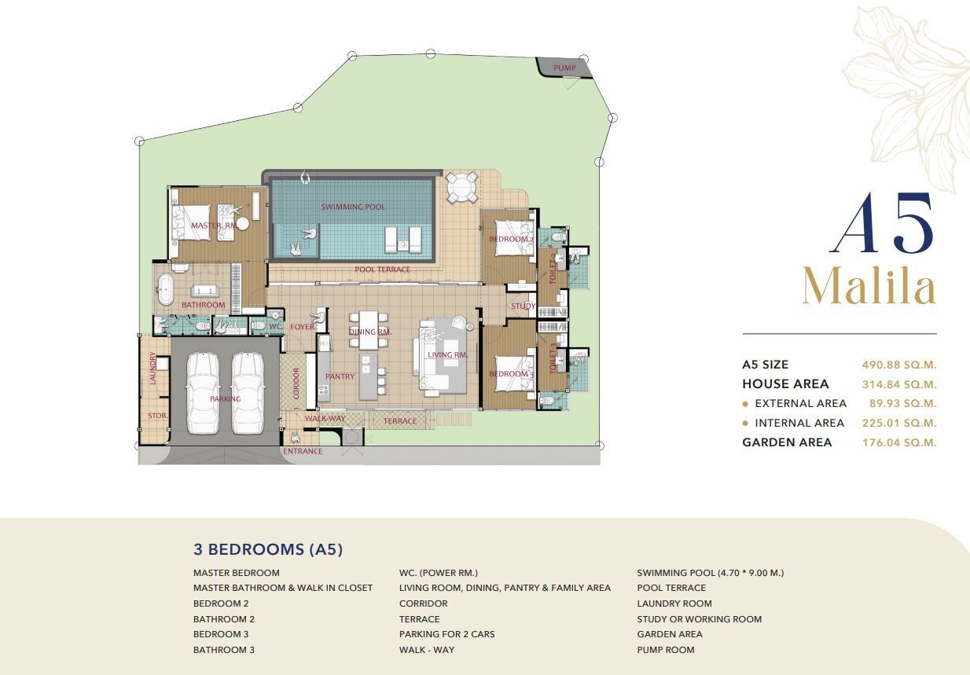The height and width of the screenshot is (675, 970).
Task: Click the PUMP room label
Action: pos(564,68)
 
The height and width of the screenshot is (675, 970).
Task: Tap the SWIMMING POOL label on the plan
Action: pos(353,207)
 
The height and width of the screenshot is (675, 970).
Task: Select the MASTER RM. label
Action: pos(215,226)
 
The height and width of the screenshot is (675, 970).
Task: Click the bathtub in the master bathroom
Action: pos(165,289)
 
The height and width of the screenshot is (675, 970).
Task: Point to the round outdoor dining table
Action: pos(462,188)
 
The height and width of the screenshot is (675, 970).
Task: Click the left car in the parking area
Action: pos(202,393)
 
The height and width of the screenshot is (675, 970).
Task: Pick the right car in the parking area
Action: pos(248,393)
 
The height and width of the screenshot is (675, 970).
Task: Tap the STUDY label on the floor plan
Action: pos(523,306)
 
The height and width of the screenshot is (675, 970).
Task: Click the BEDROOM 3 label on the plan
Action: pos(512,374)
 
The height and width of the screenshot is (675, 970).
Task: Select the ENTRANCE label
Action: pos(303,451)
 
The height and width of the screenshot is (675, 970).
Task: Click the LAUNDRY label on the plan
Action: pos(152,368)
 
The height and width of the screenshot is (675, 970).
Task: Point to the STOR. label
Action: pos(158,416)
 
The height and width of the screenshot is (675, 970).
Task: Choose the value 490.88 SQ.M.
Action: pos(899,365)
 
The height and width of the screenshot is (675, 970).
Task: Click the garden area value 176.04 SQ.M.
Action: pos(899,442)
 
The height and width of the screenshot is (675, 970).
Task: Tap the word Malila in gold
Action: pos(869,287)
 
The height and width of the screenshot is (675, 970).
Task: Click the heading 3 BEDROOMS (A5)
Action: pos(268,549)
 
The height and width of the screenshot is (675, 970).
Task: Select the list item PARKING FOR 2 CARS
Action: pos(446,634)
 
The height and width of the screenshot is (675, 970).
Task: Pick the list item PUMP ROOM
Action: pos(666,650)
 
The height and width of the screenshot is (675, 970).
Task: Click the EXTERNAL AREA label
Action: pos(800,404)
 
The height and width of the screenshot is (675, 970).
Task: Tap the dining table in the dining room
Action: pos(368,330)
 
